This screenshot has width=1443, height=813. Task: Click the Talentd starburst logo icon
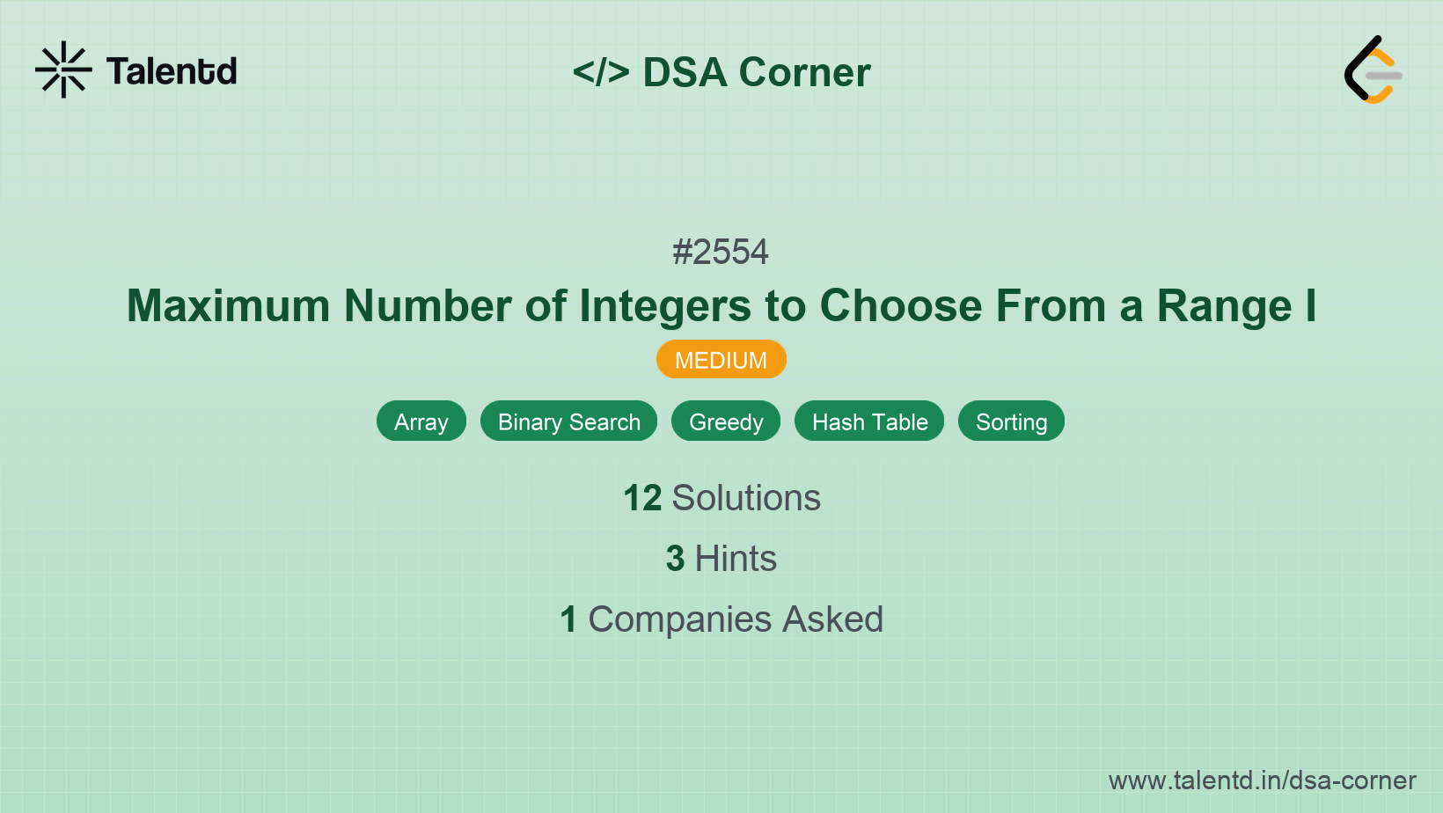tap(63, 70)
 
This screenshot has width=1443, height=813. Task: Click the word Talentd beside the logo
tap(172, 71)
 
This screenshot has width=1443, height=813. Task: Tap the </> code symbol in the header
tap(601, 72)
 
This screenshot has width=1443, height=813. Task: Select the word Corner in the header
tap(804, 72)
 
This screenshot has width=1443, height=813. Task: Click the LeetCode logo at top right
tap(1373, 70)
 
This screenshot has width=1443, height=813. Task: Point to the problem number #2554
tap(721, 253)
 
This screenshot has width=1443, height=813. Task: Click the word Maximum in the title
tap(228, 306)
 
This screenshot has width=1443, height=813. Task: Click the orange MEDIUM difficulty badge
tap(721, 360)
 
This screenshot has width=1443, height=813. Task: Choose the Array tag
tap(421, 421)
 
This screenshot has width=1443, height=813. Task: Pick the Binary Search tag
tap(568, 421)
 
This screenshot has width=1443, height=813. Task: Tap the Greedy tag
tap(726, 421)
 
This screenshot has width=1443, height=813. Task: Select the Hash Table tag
tap(869, 421)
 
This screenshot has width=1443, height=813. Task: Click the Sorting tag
tap(1011, 421)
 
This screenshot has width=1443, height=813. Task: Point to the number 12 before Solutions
tap(642, 498)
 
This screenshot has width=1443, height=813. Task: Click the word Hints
tap(736, 559)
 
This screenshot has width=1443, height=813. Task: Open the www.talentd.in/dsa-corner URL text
tap(1262, 780)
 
